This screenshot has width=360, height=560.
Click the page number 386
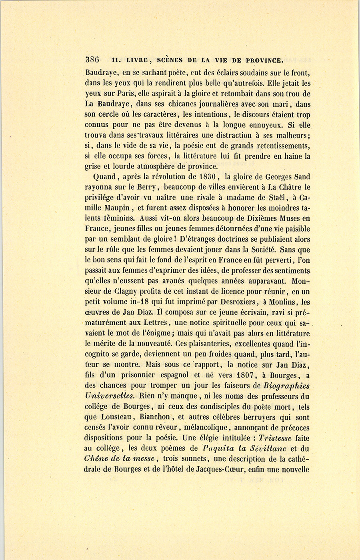click(92, 60)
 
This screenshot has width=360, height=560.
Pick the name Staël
click(272, 197)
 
